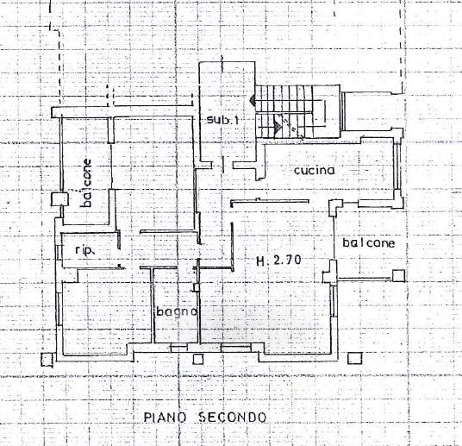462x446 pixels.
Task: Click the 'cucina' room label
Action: [315, 170]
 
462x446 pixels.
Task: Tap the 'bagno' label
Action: [177, 311]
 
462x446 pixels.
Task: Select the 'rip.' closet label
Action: [84, 250]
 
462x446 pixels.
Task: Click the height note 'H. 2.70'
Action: [278, 261]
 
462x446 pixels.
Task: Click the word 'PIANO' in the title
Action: [165, 418]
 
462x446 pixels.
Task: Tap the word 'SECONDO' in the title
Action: [233, 417]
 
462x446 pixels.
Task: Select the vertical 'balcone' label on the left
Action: [86, 183]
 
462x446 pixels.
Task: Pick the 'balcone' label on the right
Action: [369, 243]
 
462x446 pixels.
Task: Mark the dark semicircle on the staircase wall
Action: [252, 100]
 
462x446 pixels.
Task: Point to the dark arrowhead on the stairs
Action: [278, 126]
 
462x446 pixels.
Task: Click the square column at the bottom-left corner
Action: [47, 360]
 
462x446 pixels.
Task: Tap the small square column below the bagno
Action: [198, 359]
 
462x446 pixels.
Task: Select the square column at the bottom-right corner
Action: [355, 358]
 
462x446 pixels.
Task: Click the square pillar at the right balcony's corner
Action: [399, 276]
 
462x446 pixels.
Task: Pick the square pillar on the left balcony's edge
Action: [59, 199]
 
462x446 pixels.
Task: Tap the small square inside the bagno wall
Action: [197, 287]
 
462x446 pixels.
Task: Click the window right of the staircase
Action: [343, 111]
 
